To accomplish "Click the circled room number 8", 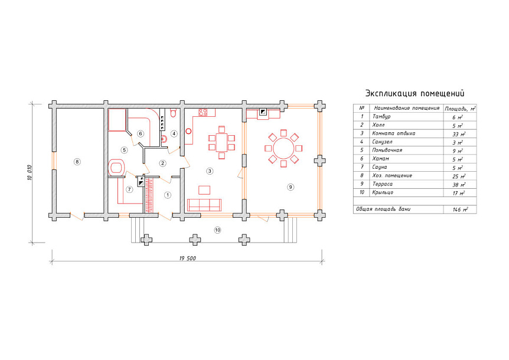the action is (x=77, y=162).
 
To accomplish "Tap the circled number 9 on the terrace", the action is (x=291, y=187).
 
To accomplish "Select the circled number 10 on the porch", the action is (x=217, y=230).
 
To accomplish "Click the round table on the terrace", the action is (x=283, y=148).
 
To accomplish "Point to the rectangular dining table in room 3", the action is (x=221, y=143).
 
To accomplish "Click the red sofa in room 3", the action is (x=204, y=205).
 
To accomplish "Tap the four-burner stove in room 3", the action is (x=203, y=112).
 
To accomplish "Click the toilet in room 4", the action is (x=173, y=113).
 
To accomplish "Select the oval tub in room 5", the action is (x=116, y=168).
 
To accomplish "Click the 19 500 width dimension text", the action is (x=188, y=258).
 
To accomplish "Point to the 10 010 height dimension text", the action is (x=30, y=172).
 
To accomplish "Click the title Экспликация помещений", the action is (x=415, y=93).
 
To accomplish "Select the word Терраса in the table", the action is (x=383, y=184).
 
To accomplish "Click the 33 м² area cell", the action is (x=459, y=134).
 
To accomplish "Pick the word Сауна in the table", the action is (x=380, y=167).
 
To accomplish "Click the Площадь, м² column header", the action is (x=460, y=109).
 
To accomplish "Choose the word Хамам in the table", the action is (x=380, y=159).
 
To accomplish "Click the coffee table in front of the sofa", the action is (x=204, y=189).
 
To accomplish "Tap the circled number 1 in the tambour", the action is (x=168, y=195).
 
